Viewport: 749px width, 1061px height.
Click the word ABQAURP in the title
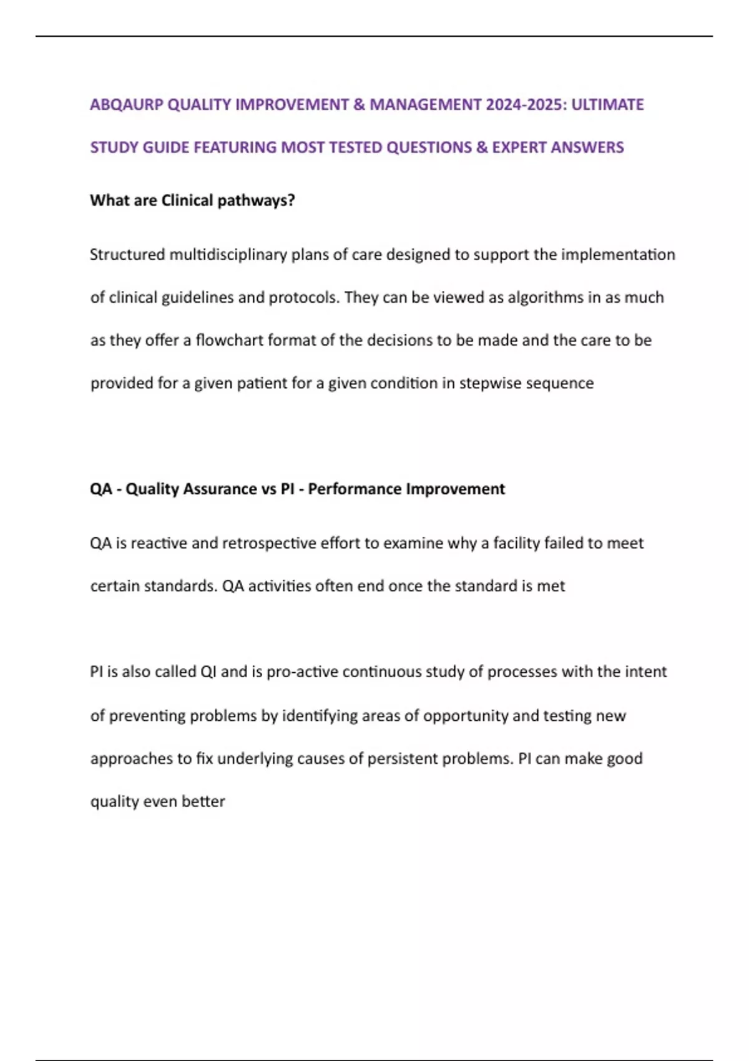pos(127,104)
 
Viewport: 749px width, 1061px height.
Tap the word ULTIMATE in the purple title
pos(607,104)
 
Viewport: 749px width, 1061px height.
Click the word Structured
pos(127,255)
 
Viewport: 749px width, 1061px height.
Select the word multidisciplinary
pos(228,255)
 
